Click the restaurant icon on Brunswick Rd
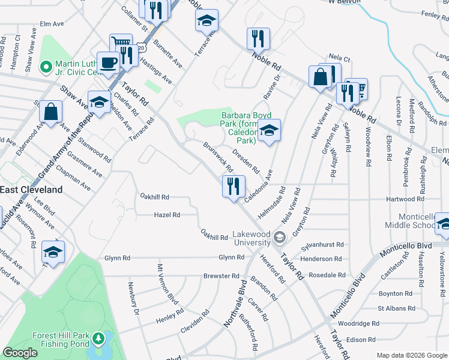234,187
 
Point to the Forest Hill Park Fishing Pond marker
98,340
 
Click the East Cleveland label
31,190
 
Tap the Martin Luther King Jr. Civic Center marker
45,66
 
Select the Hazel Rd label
167,214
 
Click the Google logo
20,353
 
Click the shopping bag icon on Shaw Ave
51,112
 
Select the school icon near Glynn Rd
53,253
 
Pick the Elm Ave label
52,24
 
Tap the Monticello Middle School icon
444,224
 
